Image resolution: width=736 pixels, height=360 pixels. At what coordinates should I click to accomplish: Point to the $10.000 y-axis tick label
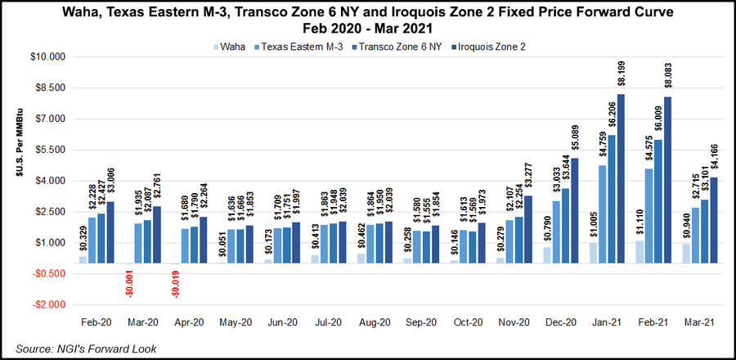coord(49,57)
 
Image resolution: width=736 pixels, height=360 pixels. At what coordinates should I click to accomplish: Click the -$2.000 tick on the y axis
coord(49,304)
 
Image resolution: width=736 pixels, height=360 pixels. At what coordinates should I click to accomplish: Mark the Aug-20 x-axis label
coord(374,322)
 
